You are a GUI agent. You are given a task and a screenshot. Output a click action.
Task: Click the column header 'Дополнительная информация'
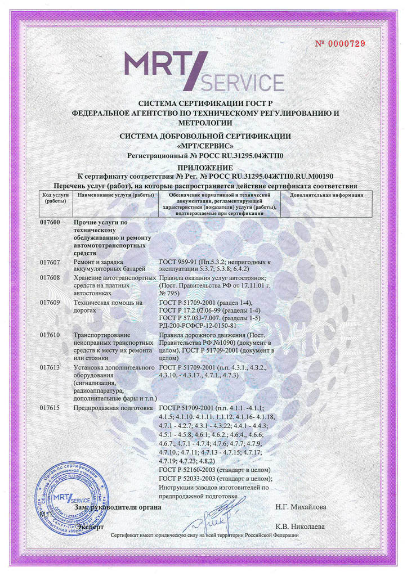point(326,195)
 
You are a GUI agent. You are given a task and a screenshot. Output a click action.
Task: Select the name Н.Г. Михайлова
point(301,507)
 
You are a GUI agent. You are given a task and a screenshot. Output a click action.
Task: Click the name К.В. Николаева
point(301,526)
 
